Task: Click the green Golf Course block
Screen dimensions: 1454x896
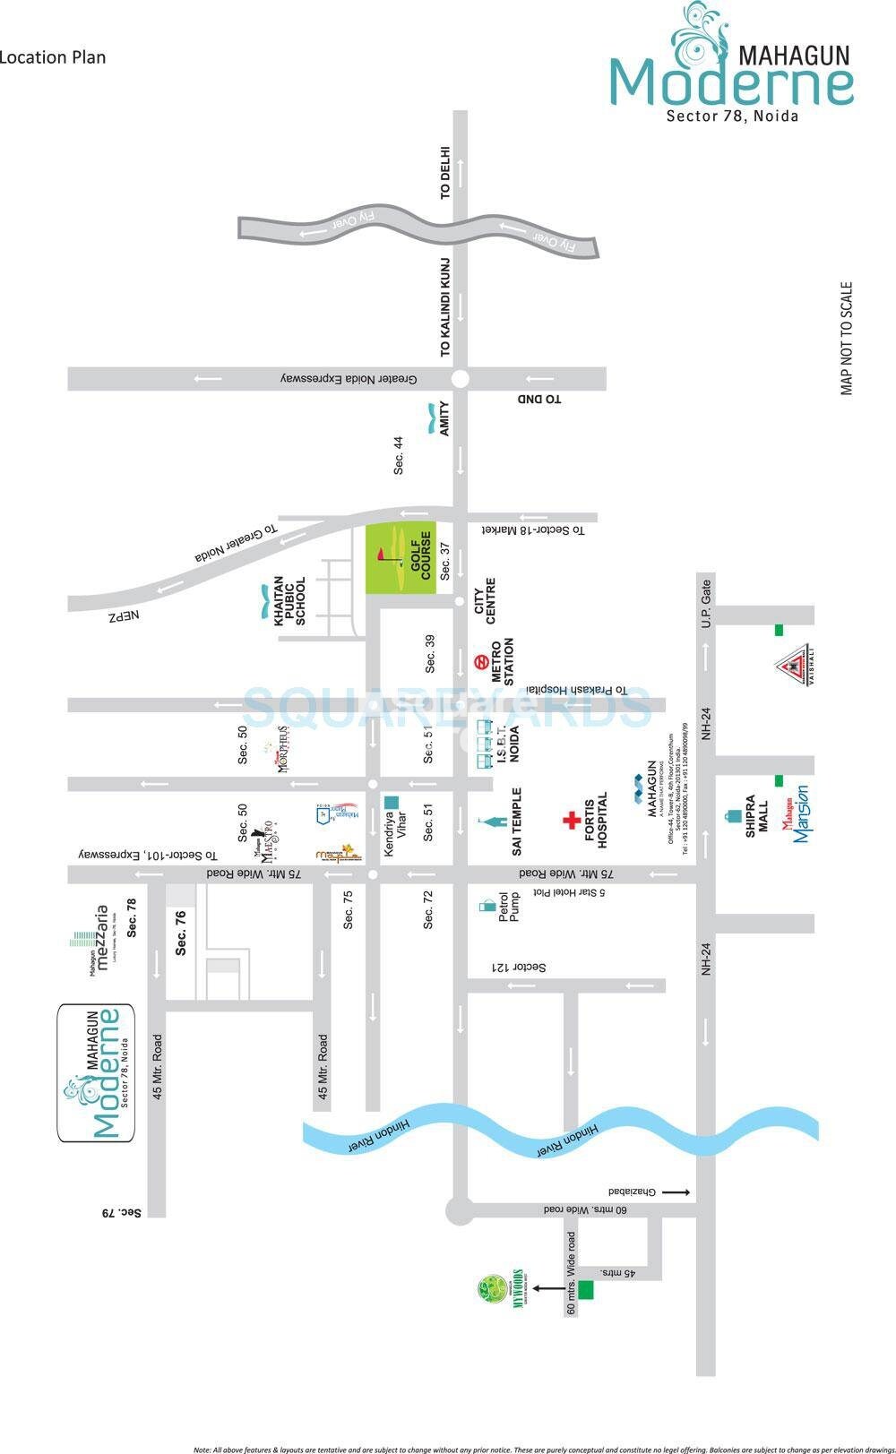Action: (x=400, y=556)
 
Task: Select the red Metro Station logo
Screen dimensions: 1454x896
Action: (x=480, y=663)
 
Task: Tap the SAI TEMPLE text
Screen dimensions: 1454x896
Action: (x=516, y=821)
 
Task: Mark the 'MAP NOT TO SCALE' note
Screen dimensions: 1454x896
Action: (x=846, y=338)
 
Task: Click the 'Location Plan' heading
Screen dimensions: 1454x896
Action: (x=53, y=57)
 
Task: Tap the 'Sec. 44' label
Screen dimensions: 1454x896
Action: (x=399, y=455)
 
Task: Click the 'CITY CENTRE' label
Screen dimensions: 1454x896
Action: (x=484, y=600)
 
